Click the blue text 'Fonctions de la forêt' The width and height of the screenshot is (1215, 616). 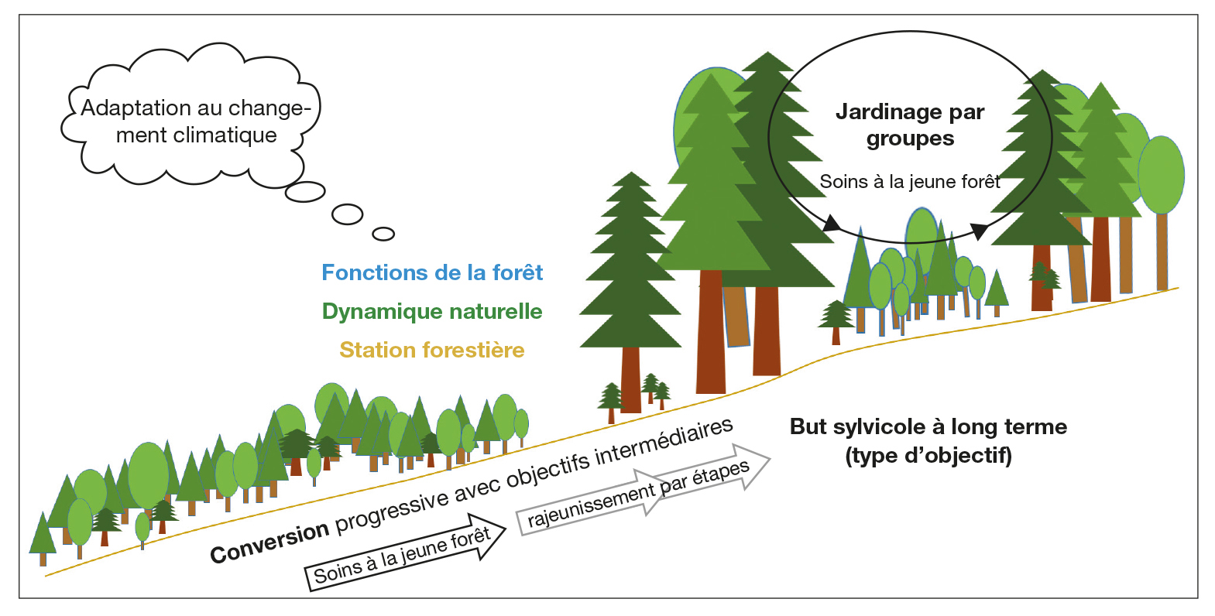point(432,272)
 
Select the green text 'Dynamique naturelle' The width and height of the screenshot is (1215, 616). point(432,311)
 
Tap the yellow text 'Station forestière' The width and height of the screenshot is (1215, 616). point(432,350)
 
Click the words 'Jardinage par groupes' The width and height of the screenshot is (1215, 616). point(910,125)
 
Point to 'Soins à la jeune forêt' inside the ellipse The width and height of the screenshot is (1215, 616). point(910,182)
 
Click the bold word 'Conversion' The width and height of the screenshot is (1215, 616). point(269,541)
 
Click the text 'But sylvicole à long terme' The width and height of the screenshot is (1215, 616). point(928,426)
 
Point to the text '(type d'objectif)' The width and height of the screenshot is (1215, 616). point(928,455)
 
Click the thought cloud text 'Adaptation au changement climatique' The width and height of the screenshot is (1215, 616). point(196,121)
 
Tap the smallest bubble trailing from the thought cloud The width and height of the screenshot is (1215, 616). point(383,234)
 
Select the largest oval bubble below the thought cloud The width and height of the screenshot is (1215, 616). point(305,191)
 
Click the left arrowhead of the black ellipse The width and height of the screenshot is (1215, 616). point(832,225)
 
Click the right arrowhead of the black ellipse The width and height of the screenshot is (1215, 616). point(980,230)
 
